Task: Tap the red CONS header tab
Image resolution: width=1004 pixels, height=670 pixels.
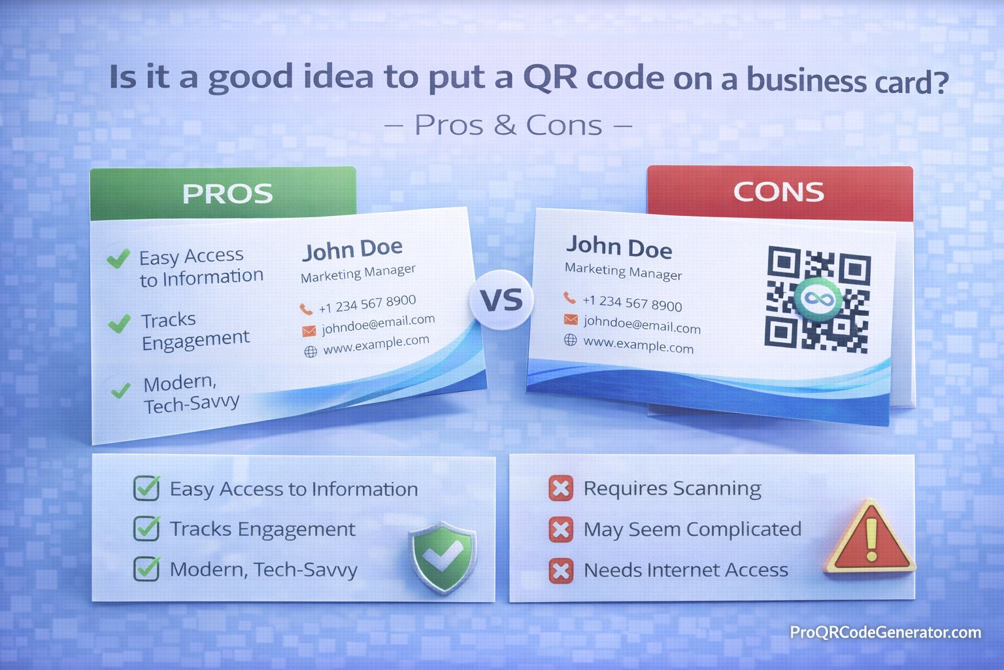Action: pos(779,192)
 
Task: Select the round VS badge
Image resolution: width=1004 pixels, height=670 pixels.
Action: pos(501,300)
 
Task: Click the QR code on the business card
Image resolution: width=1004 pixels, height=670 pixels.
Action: pos(817,300)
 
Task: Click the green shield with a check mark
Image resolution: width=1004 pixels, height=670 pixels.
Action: pos(443,557)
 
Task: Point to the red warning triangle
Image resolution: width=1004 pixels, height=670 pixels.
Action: pos(869,538)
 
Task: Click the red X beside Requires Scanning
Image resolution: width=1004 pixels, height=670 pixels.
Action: pos(560,488)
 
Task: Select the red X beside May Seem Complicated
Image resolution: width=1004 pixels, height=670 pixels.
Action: pos(560,529)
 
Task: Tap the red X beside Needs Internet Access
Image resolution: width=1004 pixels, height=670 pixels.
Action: pos(560,571)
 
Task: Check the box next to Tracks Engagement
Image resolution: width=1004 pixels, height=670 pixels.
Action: pos(146,529)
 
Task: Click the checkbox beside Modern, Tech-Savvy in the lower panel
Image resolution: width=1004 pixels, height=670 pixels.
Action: pos(146,569)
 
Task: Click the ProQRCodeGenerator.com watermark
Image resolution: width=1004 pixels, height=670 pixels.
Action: pos(885,632)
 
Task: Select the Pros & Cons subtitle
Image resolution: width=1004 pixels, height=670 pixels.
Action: pos(508,126)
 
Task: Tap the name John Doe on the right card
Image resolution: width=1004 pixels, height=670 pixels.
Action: pos(618,247)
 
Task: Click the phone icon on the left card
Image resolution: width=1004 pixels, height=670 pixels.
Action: pos(305,309)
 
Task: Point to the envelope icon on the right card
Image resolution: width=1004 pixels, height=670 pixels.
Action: pos(571,319)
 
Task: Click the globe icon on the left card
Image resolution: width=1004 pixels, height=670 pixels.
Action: pos(310,352)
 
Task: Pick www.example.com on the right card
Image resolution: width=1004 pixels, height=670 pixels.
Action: pos(638,345)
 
